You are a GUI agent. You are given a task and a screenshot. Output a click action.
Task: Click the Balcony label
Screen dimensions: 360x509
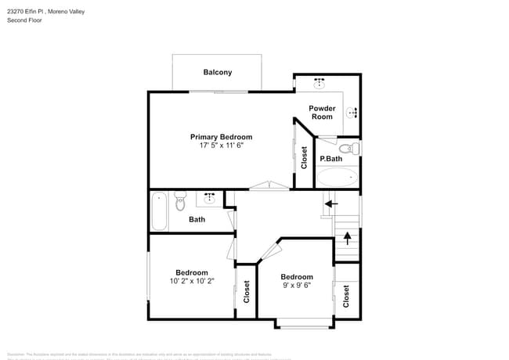pos(218,73)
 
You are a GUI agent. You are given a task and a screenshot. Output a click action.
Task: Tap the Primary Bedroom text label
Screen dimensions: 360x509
pos(222,137)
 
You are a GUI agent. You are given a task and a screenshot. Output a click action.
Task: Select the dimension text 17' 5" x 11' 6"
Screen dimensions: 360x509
pos(222,146)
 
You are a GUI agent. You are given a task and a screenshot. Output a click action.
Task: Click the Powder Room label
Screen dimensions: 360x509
pos(322,113)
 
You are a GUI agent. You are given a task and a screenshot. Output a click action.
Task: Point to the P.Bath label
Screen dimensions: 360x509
pos(331,159)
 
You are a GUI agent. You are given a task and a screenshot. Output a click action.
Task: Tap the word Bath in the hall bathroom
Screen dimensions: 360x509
pos(197,219)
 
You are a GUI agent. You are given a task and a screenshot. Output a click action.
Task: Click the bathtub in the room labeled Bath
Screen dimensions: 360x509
pos(159,211)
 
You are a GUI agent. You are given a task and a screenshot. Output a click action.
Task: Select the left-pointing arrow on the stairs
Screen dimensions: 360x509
pos(331,203)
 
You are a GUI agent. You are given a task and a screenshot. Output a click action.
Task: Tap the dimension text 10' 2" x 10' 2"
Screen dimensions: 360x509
pos(192,281)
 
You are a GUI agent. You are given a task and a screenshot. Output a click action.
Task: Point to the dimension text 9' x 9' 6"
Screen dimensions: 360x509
pos(297,286)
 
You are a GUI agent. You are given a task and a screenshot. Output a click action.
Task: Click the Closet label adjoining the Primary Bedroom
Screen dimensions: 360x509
pos(305,158)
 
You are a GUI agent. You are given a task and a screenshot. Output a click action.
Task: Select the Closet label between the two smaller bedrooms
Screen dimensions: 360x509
pos(247,292)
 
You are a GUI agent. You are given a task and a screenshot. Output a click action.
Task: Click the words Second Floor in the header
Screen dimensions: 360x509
pos(24,20)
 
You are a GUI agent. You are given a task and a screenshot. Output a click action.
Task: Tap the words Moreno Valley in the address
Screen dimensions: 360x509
pos(67,12)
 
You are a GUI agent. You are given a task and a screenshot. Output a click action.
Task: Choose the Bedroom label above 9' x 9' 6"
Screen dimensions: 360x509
pos(297,277)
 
